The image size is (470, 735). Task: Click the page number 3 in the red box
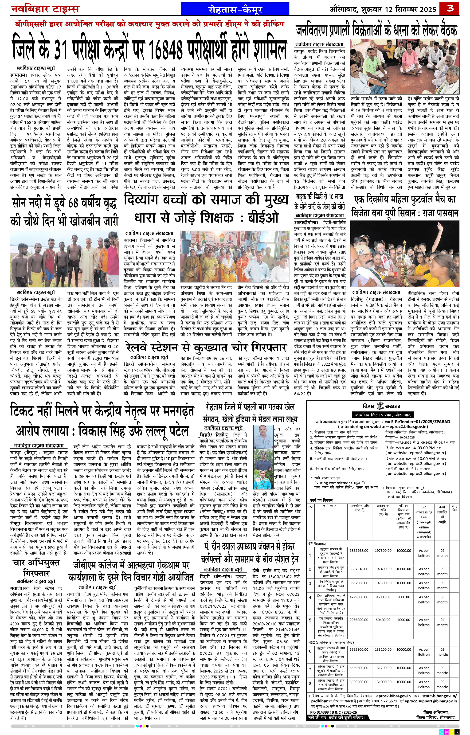coord(450,8)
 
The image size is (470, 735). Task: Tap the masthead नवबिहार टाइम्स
coord(45,9)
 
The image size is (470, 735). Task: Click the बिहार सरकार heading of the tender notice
coord(381,406)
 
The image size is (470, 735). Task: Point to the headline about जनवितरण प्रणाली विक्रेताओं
coord(376,31)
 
